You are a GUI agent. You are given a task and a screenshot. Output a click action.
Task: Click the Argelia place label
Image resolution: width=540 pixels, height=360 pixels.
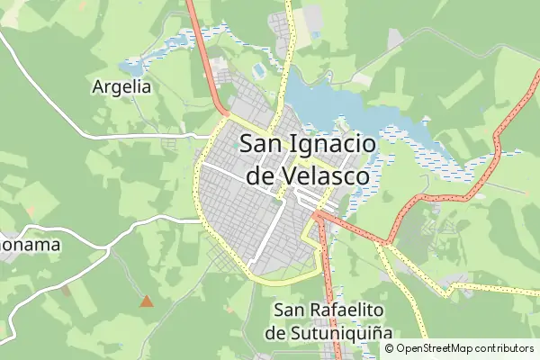click(121, 87)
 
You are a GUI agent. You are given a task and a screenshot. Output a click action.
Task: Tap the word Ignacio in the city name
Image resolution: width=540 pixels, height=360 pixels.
click(335, 143)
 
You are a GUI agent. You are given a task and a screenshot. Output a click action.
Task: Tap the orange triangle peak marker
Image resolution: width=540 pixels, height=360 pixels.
click(146, 301)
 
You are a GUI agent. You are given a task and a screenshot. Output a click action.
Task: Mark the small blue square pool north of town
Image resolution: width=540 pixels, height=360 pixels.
click(259, 69)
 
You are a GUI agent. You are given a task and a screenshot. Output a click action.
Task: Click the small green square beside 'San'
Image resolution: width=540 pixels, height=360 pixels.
click(236, 144)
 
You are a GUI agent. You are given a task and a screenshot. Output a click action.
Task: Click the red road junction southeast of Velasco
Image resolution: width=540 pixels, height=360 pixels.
click(317, 216)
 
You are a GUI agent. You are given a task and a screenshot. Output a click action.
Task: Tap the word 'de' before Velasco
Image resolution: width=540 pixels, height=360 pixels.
click(260, 175)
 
